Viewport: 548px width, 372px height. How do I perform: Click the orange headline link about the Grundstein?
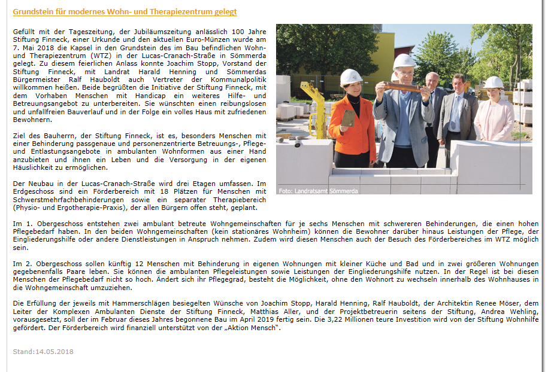[x=125, y=11]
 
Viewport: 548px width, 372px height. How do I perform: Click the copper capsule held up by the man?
[x=402, y=87]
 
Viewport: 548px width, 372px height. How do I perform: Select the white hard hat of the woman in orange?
[x=350, y=77]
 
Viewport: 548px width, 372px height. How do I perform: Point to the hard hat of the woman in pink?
[x=493, y=82]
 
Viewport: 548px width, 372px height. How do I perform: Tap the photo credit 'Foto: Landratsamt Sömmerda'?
[x=318, y=191]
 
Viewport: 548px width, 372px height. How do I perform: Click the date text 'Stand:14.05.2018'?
[x=43, y=351]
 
